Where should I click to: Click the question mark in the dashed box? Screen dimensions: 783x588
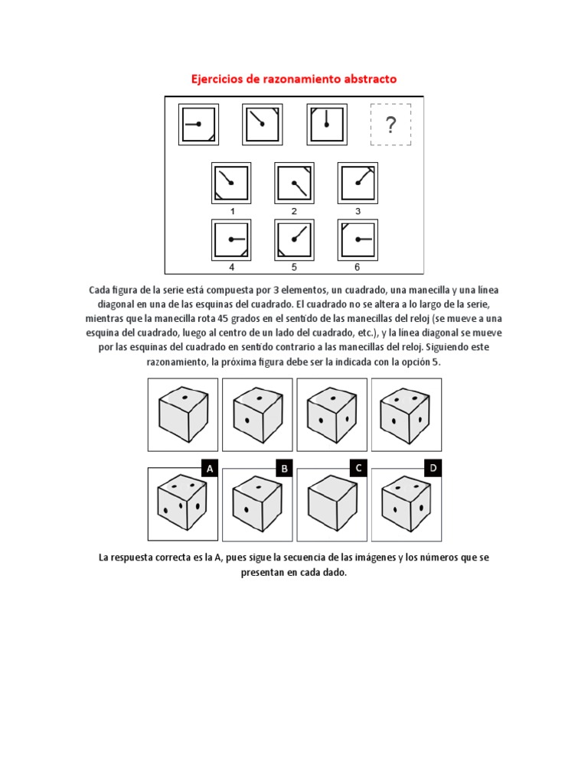[390, 125]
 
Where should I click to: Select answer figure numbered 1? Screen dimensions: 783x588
[230, 183]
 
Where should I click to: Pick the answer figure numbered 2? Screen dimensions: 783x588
[294, 183]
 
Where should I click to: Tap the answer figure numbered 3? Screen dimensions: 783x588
[357, 183]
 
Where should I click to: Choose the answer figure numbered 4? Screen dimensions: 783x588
[230, 239]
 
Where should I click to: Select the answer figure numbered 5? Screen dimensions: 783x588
[294, 239]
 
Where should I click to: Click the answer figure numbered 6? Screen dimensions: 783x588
[357, 239]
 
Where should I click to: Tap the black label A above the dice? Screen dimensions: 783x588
[209, 469]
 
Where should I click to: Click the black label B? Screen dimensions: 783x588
[283, 469]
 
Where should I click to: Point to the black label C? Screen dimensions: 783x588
[358, 469]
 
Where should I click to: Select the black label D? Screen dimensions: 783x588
[433, 469]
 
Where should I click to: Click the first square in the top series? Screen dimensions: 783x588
[199, 124]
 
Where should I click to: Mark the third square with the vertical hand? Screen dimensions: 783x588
[327, 124]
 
